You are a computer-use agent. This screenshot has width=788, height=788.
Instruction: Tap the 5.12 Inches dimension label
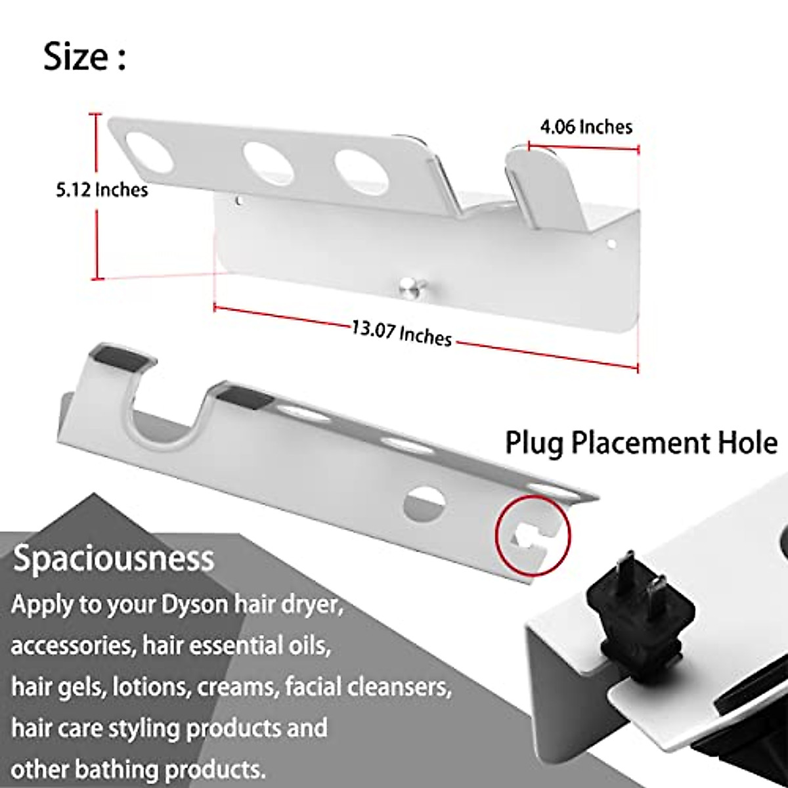pyautogui.click(x=101, y=190)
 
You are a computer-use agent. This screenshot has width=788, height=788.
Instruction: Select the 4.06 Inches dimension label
pyautogui.click(x=586, y=126)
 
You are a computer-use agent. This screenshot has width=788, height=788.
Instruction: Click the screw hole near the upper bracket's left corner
pyautogui.click(x=238, y=198)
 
